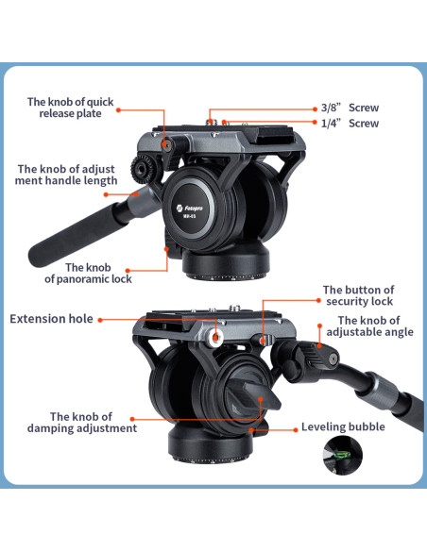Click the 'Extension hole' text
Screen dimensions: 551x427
tap(51, 319)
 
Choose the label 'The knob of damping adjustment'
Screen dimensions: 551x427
tap(94, 422)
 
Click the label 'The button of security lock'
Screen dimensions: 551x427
tap(358, 295)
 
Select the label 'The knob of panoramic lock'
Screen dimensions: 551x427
tap(89, 273)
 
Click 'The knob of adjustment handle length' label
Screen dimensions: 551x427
tap(66, 175)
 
